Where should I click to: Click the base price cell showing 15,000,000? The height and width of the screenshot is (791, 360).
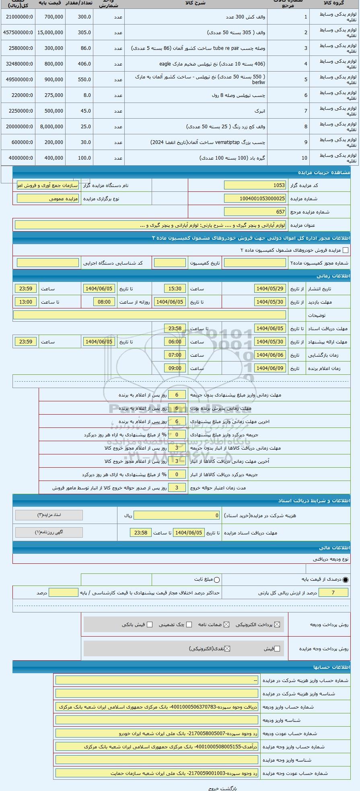[50, 33]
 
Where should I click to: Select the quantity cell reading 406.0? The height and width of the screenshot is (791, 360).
[79, 64]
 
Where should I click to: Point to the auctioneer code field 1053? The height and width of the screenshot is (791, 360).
[255, 185]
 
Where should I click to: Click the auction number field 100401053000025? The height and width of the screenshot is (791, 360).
[255, 198]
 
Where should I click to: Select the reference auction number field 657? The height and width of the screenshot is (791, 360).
[255, 212]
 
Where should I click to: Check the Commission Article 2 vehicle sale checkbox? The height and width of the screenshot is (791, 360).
[345, 250]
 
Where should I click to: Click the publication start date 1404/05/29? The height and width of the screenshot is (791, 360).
[270, 288]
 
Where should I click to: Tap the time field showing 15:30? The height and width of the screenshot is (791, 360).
[175, 288]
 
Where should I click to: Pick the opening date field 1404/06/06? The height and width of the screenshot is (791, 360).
[270, 355]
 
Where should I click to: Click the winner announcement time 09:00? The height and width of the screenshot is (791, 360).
[175, 368]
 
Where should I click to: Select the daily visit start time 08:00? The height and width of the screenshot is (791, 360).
[104, 302]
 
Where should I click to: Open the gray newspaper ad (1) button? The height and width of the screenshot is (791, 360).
[49, 532]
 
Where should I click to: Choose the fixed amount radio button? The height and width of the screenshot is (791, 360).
[217, 579]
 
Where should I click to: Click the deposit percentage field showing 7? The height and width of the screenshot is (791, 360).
[333, 592]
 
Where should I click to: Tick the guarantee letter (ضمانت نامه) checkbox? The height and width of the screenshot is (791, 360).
[226, 625]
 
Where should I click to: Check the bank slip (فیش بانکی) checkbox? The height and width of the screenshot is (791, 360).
[150, 625]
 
